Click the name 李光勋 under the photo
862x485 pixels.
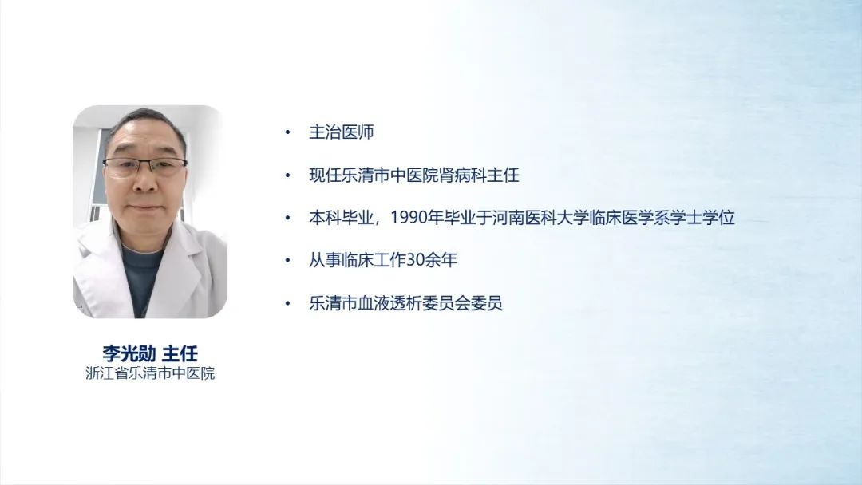click(x=129, y=353)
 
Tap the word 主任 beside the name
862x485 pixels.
click(x=180, y=353)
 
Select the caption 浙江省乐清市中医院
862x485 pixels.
click(x=150, y=373)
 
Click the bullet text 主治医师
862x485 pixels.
click(x=342, y=132)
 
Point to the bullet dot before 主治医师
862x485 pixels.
click(x=287, y=132)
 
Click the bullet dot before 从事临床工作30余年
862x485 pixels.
click(x=287, y=260)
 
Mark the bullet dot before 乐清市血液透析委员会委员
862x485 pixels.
click(x=287, y=303)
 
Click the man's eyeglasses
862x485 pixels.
click(x=144, y=165)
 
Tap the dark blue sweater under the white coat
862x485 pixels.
click(x=141, y=278)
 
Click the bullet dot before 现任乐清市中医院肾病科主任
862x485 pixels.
click(x=287, y=175)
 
